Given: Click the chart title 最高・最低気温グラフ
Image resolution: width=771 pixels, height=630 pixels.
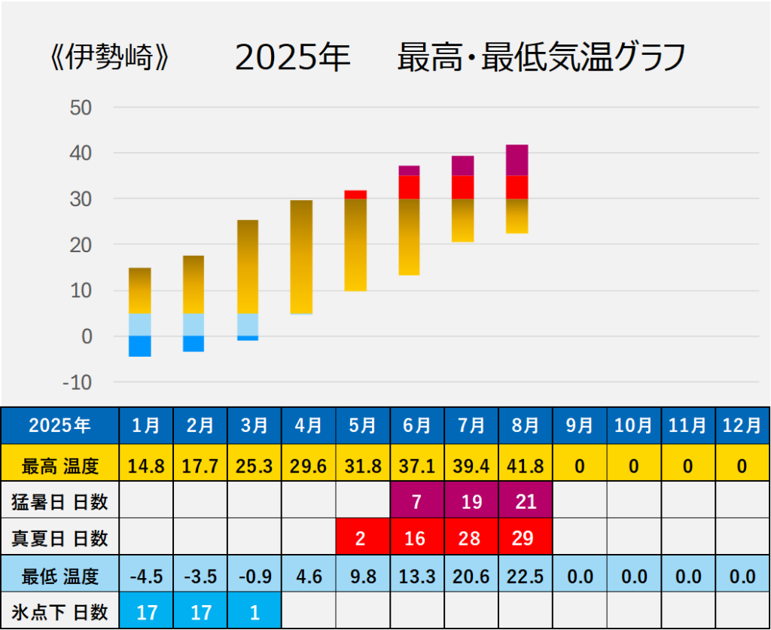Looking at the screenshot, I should click(541, 58).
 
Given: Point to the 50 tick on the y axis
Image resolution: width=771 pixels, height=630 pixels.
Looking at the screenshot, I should click(81, 107).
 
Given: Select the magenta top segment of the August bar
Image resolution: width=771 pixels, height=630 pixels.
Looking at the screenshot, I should click(517, 160).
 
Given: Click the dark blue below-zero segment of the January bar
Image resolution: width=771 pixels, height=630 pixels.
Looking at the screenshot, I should click(140, 346).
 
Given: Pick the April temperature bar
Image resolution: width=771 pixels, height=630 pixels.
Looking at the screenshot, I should click(301, 257).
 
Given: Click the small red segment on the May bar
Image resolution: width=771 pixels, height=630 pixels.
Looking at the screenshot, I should click(355, 194).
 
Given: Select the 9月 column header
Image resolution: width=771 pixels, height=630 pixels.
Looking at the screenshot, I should click(579, 425).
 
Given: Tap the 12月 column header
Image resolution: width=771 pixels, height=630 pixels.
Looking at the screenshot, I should click(742, 425).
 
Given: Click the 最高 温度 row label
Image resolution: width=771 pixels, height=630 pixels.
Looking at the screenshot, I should click(60, 466).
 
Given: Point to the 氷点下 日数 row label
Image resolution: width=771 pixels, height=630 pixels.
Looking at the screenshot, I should click(60, 612).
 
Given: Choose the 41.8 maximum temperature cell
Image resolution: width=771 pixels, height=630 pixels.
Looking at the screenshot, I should click(525, 466).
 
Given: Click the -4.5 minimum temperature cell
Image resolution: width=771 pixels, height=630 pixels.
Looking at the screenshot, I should click(146, 577).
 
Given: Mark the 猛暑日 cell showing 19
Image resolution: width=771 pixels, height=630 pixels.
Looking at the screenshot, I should click(471, 502).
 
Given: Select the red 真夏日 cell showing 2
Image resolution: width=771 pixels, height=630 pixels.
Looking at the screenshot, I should click(363, 539).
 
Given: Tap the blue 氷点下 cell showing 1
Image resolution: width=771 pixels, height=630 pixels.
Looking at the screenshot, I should click(254, 612).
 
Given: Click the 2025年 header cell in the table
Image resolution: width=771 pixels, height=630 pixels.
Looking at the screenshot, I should click(60, 425).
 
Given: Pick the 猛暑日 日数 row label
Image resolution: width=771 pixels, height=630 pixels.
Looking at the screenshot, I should click(60, 502).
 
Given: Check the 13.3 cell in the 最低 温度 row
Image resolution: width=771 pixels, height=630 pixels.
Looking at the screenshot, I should click(417, 577).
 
